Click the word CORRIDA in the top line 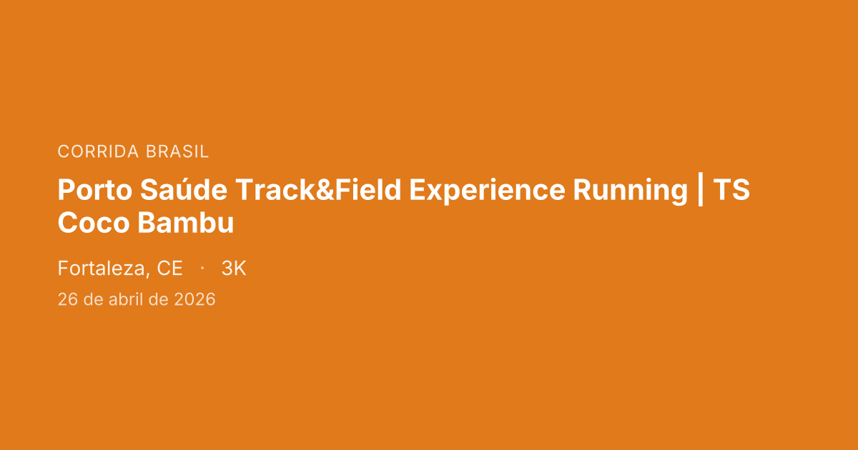pyautogui.click(x=98, y=151)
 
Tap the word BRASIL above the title pyautogui.click(x=177, y=151)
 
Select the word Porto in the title pyautogui.click(x=95, y=190)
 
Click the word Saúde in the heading pyautogui.click(x=184, y=189)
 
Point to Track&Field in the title pyautogui.click(x=318, y=189)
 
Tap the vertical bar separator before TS pyautogui.click(x=701, y=189)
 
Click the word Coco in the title pyautogui.click(x=94, y=223)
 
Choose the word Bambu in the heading pyautogui.click(x=186, y=222)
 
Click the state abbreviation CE pyautogui.click(x=169, y=269)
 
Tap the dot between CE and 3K pyautogui.click(x=202, y=269)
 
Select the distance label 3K pyautogui.click(x=234, y=269)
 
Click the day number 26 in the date pyautogui.click(x=68, y=299)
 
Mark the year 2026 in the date pyautogui.click(x=194, y=299)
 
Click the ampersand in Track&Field pyautogui.click(x=325, y=190)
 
